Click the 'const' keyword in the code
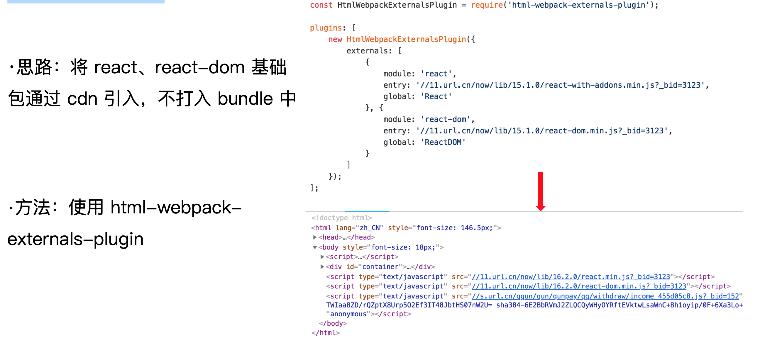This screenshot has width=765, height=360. click(x=321, y=5)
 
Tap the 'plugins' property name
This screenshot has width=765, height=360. click(x=326, y=28)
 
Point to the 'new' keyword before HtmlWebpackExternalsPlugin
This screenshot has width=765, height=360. click(x=335, y=40)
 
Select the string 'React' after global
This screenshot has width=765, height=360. click(x=436, y=96)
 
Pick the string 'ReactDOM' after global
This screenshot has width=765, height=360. click(x=443, y=142)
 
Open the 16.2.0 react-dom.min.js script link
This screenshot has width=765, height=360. click(x=579, y=286)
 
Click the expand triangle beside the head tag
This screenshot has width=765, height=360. click(x=315, y=237)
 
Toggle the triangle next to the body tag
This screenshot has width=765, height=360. click(x=315, y=247)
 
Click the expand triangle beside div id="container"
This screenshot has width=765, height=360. click(x=322, y=266)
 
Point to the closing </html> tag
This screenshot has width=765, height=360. click(x=325, y=333)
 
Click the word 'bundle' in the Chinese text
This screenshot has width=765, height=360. click(x=245, y=99)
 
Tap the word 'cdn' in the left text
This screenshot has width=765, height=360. click(x=82, y=99)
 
